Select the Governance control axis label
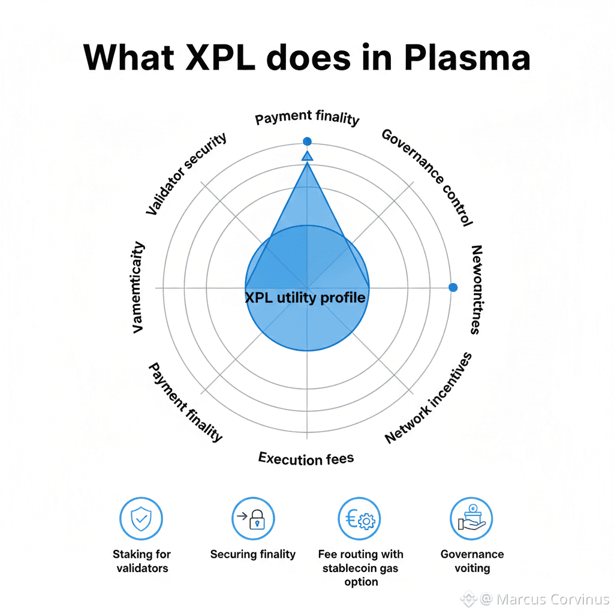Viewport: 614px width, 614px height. click(x=427, y=177)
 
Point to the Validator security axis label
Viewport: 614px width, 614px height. click(x=186, y=174)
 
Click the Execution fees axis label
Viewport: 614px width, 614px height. click(x=306, y=459)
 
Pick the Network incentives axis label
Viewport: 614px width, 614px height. click(x=428, y=398)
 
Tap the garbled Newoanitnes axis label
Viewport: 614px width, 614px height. click(x=475, y=289)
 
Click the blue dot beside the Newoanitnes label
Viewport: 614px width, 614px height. click(x=453, y=287)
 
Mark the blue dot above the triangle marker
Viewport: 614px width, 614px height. click(x=307, y=142)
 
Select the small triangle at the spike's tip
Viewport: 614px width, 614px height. click(x=307, y=156)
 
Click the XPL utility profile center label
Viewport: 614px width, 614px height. click(x=305, y=297)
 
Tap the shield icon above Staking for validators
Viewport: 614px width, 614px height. click(x=142, y=519)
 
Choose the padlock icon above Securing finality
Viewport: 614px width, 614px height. click(x=253, y=519)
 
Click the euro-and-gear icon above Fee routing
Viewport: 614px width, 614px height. click(x=359, y=519)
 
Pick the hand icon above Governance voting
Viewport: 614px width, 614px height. click(x=471, y=519)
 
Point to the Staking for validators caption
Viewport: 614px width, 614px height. click(x=142, y=561)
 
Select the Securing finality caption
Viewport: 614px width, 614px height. click(x=252, y=554)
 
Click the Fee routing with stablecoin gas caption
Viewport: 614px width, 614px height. click(x=360, y=568)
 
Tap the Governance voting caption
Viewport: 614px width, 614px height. click(x=472, y=561)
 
